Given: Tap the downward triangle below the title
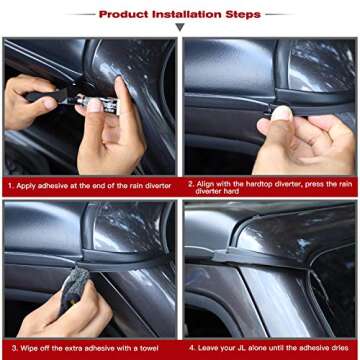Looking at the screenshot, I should coord(180,28).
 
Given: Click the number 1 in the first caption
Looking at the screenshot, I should coord(9,185).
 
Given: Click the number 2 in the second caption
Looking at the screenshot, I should coord(190,185).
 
